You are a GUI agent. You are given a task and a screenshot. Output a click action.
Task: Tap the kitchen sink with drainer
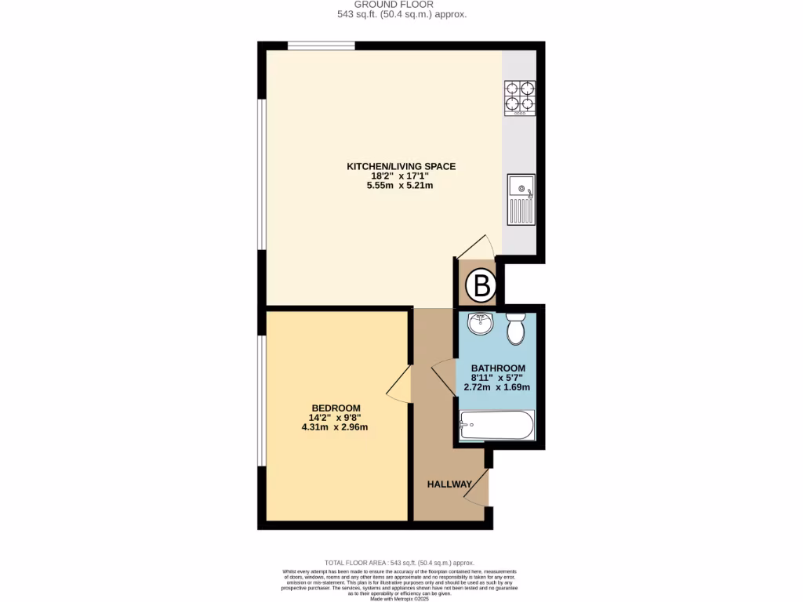(521, 200)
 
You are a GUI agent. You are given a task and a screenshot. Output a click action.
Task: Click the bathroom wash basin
(480, 324)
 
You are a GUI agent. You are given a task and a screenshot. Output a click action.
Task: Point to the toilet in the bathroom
(516, 328)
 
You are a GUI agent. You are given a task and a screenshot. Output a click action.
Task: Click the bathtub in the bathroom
(496, 426)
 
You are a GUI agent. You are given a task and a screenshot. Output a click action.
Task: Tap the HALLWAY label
(449, 484)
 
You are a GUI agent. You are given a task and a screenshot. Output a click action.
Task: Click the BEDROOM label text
(336, 408)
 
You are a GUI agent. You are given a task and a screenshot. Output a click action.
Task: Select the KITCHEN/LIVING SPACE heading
(401, 166)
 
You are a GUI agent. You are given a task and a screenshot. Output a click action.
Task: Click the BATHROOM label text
(497, 368)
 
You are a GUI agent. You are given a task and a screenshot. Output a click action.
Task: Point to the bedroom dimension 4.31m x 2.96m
(335, 427)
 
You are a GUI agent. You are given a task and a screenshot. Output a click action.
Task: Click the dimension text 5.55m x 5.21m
(401, 186)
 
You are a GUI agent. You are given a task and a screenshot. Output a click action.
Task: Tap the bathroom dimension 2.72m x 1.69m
(497, 387)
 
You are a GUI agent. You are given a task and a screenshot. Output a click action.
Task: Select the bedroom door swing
(400, 383)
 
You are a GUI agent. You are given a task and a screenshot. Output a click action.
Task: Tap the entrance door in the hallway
(478, 488)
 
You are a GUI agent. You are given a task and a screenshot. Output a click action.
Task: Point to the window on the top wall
(321, 45)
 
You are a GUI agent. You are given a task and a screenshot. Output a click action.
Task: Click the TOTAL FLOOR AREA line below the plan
(400, 563)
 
